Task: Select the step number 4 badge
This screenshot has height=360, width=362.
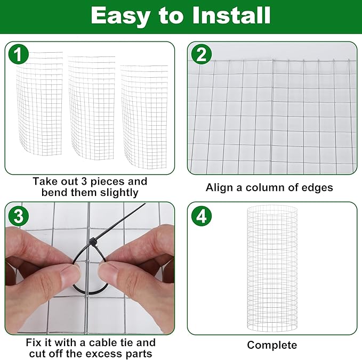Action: click(x=201, y=216)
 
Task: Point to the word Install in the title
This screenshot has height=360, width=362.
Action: click(x=231, y=16)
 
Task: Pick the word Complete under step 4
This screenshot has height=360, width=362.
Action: click(x=272, y=345)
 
